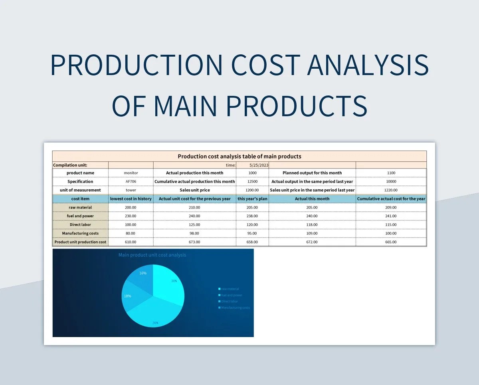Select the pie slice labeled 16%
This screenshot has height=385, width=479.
140,278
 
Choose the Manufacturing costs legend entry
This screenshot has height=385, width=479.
235,308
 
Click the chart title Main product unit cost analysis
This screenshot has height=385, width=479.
152,255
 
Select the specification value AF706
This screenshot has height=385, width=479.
131,182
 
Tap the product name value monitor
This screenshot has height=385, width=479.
131,173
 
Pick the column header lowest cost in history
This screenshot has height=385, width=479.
131,198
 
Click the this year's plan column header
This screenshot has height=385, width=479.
252,198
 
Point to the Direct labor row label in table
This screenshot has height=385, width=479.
80,224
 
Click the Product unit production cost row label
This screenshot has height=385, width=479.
80,242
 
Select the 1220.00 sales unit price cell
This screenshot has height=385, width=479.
391,190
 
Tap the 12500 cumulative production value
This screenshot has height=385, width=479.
252,182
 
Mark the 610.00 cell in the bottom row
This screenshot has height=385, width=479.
131,242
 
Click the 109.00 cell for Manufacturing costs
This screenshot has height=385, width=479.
312,233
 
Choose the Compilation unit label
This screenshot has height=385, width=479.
70,165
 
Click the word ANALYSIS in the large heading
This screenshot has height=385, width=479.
368,65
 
